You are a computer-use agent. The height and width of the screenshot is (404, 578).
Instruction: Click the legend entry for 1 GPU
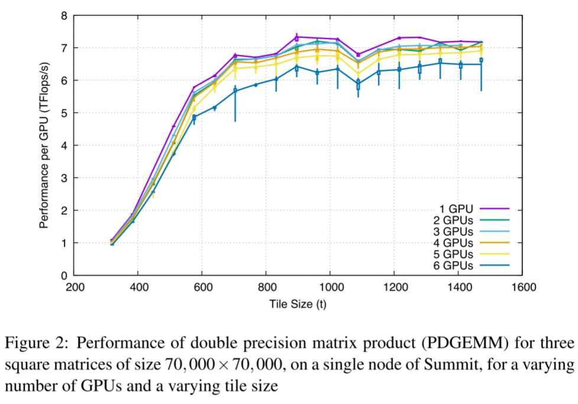click(x=457, y=208)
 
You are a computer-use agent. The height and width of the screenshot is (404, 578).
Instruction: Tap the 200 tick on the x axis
click(x=74, y=288)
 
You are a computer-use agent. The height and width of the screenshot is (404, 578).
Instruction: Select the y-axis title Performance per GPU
click(x=44, y=145)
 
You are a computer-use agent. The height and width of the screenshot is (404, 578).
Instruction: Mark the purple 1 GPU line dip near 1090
click(x=358, y=54)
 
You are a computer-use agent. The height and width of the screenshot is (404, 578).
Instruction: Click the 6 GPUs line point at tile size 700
click(x=235, y=90)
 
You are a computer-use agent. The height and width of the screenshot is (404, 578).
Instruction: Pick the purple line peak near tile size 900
click(x=296, y=37)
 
